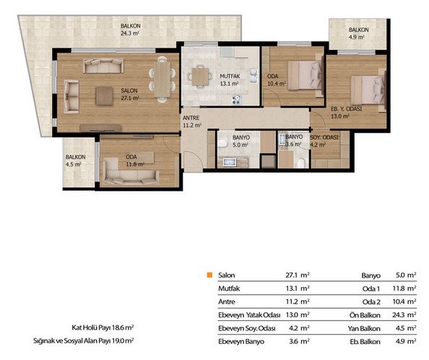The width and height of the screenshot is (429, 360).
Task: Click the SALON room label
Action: (129, 90)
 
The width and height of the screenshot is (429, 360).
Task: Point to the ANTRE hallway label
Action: (191, 118)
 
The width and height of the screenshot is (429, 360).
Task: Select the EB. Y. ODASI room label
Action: (346, 108)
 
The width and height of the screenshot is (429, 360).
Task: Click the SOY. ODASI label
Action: (324, 137)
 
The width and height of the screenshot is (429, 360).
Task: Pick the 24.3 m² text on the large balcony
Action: (130, 33)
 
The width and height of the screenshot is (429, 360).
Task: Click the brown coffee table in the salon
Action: (104, 96)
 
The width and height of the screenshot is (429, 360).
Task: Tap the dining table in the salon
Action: (162, 80)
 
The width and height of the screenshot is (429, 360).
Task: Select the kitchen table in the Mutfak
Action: (200, 77)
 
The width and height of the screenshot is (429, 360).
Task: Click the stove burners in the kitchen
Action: (236, 100)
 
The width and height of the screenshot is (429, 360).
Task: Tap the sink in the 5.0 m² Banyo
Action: (229, 162)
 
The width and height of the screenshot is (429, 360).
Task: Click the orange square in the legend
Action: (209, 275)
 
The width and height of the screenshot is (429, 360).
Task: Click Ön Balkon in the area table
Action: (365, 315)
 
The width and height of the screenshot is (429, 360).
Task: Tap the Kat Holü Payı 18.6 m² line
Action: (103, 327)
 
